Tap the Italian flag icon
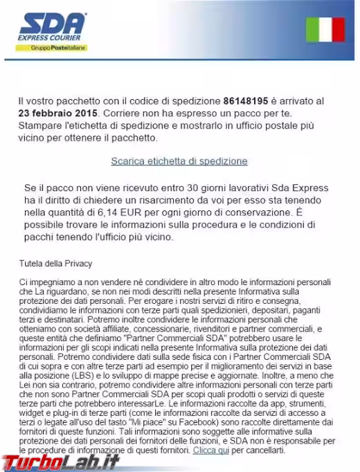pos(325,29)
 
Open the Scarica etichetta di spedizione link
pos(179,161)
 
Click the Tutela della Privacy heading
pos(55,264)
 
